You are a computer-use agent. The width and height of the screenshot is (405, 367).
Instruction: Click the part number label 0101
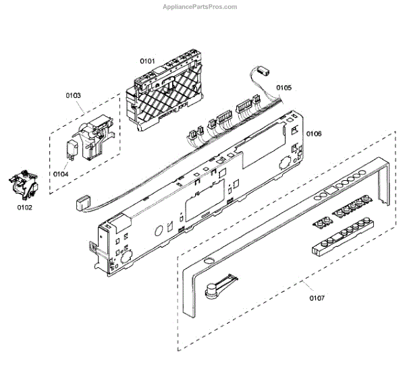pyautogui.click(x=148, y=61)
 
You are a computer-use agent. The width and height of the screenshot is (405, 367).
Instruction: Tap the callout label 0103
pyautogui.click(x=73, y=96)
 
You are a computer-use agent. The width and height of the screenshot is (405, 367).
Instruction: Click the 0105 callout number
pyautogui.click(x=283, y=88)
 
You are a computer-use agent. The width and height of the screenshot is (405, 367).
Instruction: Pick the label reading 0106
pyautogui.click(x=314, y=134)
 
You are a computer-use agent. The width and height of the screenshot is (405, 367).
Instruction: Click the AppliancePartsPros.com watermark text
pyautogui.click(x=200, y=7)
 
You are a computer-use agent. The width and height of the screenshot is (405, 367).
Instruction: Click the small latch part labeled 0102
pyautogui.click(x=22, y=186)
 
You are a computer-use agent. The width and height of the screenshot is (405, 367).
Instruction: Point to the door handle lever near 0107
pyautogui.click(x=217, y=286)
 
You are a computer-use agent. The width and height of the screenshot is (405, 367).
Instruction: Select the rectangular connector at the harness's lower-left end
pyautogui.click(x=82, y=201)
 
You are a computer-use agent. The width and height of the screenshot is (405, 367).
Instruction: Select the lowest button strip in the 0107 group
pyautogui.click(x=337, y=242)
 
